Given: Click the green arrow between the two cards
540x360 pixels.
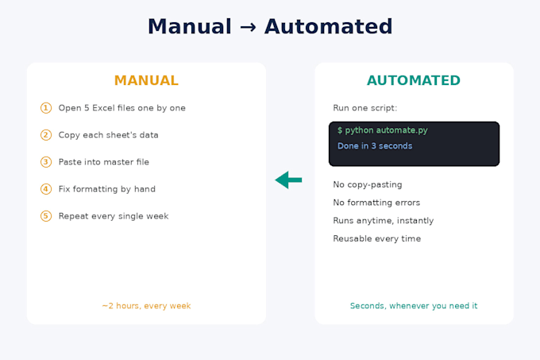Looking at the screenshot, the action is coord(288,180).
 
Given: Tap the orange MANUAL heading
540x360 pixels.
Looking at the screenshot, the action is coord(146,80).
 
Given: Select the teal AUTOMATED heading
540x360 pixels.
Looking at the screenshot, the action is coord(414,80).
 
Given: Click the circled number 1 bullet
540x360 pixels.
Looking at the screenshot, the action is coord(46,108).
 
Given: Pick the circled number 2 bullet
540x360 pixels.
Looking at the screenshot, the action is coord(46,135).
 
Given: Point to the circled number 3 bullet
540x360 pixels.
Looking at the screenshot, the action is coord(46,162).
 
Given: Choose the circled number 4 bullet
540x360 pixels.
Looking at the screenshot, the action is coord(46,189).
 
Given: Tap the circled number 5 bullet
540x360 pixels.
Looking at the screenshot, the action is coord(46,216).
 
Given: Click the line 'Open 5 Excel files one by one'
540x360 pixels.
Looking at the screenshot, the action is coord(122,108).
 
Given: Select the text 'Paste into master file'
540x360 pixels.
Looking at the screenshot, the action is coord(104,162).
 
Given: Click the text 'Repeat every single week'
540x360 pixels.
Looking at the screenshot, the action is coord(114,216).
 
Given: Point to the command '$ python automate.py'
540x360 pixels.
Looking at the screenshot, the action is coord(383,130).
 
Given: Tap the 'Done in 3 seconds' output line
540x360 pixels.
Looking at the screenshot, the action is coord(375,146).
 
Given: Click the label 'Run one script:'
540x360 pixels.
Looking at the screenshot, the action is coord(365,108).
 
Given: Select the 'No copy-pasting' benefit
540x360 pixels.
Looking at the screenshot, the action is coord(368,184).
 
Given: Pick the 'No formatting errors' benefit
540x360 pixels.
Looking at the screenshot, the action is coord(376,203).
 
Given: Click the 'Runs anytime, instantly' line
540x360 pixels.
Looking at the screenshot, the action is coord(384,220).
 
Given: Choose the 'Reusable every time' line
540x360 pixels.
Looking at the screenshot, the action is coord(376,238).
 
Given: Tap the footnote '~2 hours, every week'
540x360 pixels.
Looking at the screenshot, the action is coord(146,306).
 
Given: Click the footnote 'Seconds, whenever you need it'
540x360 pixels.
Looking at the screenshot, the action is coord(414,306).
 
